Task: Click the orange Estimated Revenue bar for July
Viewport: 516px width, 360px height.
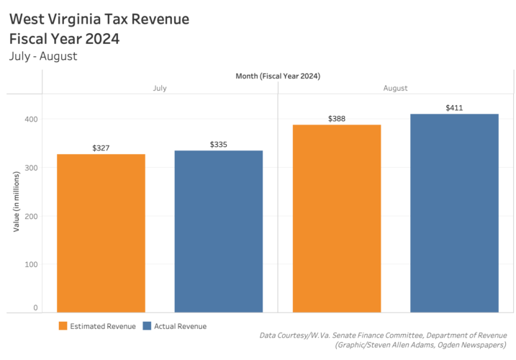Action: point(101,233)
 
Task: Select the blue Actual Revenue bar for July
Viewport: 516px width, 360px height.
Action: point(219,231)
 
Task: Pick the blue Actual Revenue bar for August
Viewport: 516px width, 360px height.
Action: point(454,213)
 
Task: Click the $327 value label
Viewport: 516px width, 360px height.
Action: point(101,148)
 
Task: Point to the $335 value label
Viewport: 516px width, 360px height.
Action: point(219,145)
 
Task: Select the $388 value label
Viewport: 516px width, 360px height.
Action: point(336,118)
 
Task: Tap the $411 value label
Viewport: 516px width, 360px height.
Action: point(454,108)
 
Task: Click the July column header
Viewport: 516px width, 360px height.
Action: point(160,88)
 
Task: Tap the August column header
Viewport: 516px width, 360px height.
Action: point(395,88)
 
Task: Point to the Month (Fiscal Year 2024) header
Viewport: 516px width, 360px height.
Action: point(278,76)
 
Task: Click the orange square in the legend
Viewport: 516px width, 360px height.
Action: point(63,326)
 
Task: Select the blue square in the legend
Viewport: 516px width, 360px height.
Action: point(147,326)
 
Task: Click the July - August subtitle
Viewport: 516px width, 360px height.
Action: point(43,55)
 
